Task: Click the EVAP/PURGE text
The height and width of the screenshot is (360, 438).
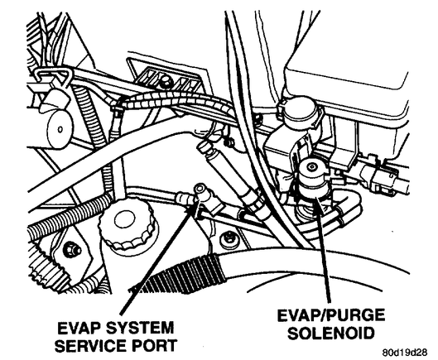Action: (330, 315)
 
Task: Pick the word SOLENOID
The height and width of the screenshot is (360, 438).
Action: (330, 333)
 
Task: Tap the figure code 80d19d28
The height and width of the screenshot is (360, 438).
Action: (405, 353)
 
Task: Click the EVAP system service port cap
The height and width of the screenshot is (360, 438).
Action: (201, 190)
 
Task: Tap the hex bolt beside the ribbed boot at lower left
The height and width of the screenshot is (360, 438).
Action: (70, 249)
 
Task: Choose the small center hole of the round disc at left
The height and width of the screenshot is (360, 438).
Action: (60, 129)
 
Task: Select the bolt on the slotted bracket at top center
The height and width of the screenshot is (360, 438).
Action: (165, 82)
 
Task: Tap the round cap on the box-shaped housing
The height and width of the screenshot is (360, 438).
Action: (298, 112)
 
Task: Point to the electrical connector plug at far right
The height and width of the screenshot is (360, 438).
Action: (381, 176)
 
